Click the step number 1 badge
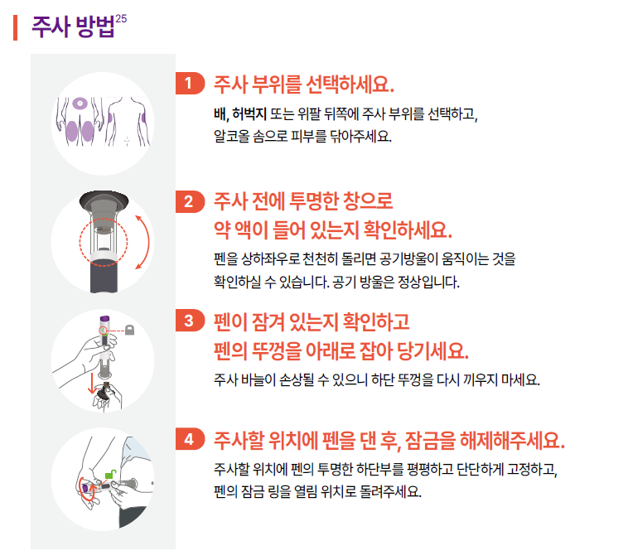[x=190, y=84]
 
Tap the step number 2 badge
[x=190, y=202]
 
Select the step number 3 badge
[x=190, y=321]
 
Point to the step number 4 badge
[x=190, y=439]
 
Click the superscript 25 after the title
[x=121, y=19]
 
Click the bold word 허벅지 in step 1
[x=249, y=114]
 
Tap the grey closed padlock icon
[x=129, y=330]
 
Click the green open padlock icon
[x=110, y=474]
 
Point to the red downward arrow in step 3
[x=92, y=383]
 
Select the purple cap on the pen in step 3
[x=104, y=319]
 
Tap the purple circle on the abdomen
[x=80, y=104]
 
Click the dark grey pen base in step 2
[x=104, y=276]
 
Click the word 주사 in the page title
[x=51, y=27]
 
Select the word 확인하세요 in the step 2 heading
[x=408, y=230]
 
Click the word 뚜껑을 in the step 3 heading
[x=276, y=351]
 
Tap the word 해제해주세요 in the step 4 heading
[x=512, y=440]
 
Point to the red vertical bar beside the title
[x=15, y=27]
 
